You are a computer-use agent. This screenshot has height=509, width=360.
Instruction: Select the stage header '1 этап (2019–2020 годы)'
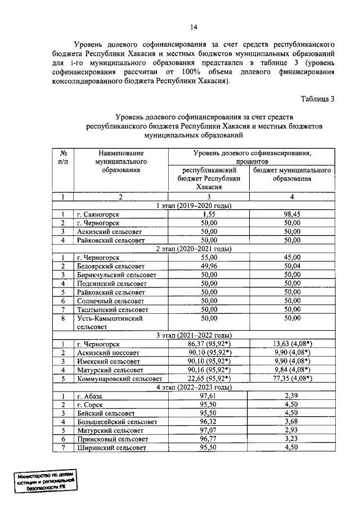coord(193,205)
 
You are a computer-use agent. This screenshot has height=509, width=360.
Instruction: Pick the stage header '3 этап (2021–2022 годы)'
coord(193,335)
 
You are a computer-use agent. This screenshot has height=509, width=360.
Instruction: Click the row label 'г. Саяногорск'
coord(98,214)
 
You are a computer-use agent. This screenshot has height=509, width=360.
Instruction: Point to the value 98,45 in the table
coord(291,214)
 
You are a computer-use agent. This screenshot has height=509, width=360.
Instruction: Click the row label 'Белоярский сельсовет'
coord(111,265)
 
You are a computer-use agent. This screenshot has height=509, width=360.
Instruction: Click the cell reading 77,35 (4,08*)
coord(291,379)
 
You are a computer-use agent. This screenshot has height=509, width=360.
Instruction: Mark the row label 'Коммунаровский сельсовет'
coord(119,379)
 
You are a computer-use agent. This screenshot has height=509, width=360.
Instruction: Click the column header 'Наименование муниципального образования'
coord(120,161)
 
